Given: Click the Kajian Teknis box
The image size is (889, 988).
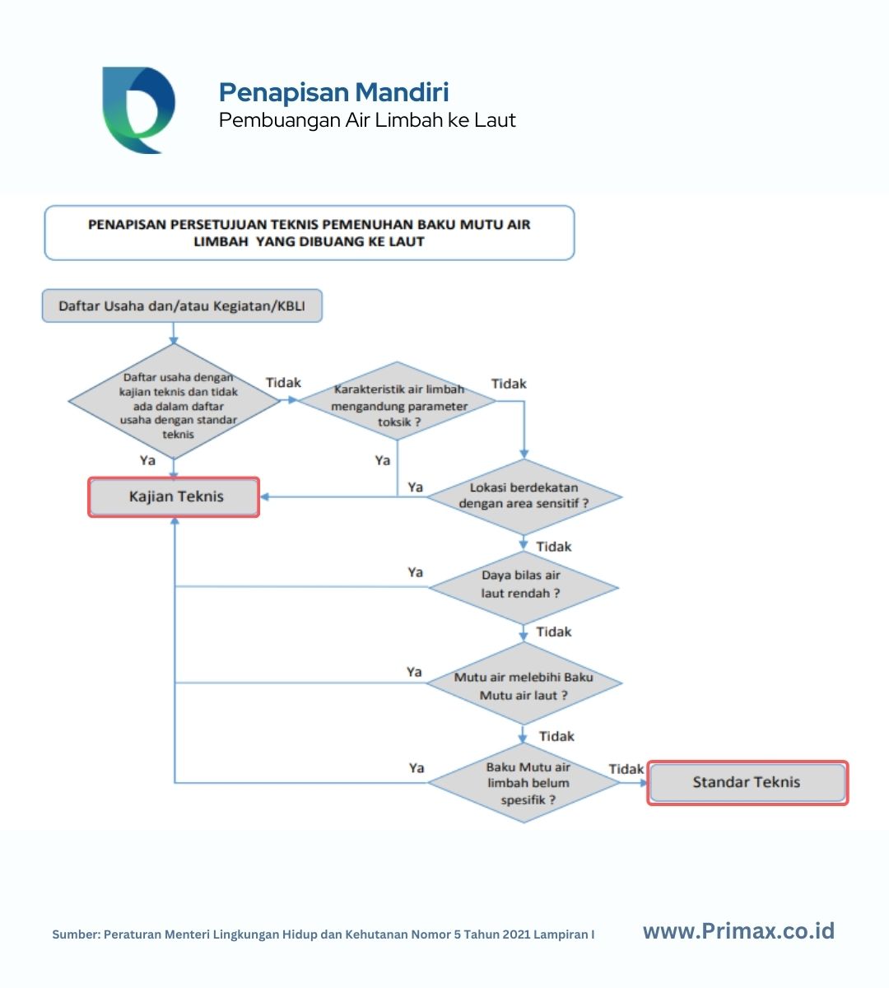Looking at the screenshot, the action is pyautogui.click(x=174, y=497).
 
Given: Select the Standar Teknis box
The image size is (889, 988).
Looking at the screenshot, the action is pyautogui.click(x=747, y=783).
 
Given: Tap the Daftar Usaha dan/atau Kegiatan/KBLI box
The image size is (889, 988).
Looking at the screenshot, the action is pyautogui.click(x=182, y=305).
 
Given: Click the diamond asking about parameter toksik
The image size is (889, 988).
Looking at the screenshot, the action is pyautogui.click(x=397, y=401).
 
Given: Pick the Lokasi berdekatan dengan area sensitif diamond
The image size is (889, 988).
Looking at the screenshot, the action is pyautogui.click(x=524, y=497).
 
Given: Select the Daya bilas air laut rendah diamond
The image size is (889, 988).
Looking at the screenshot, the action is pyautogui.click(x=524, y=588).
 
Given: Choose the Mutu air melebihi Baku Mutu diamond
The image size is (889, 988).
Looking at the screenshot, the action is pyautogui.click(x=524, y=683).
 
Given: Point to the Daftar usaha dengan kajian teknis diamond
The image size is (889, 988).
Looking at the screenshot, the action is pyautogui.click(x=174, y=402).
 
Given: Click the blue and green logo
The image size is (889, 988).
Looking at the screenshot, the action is pyautogui.click(x=138, y=110).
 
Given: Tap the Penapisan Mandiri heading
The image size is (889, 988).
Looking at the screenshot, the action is pyautogui.click(x=334, y=92).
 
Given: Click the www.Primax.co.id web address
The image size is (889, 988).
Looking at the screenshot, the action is pyautogui.click(x=738, y=930).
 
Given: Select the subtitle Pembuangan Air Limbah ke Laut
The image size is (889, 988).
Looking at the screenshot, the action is pyautogui.click(x=367, y=120).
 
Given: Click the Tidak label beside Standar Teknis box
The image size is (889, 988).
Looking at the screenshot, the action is pyautogui.click(x=626, y=769).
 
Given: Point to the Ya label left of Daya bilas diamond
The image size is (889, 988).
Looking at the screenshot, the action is pyautogui.click(x=415, y=572).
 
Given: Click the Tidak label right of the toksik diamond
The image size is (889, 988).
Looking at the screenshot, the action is pyautogui.click(x=509, y=384).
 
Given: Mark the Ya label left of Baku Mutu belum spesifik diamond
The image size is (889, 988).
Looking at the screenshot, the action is pyautogui.click(x=417, y=768).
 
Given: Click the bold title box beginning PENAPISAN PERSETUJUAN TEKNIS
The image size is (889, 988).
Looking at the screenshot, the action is pyautogui.click(x=310, y=233).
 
